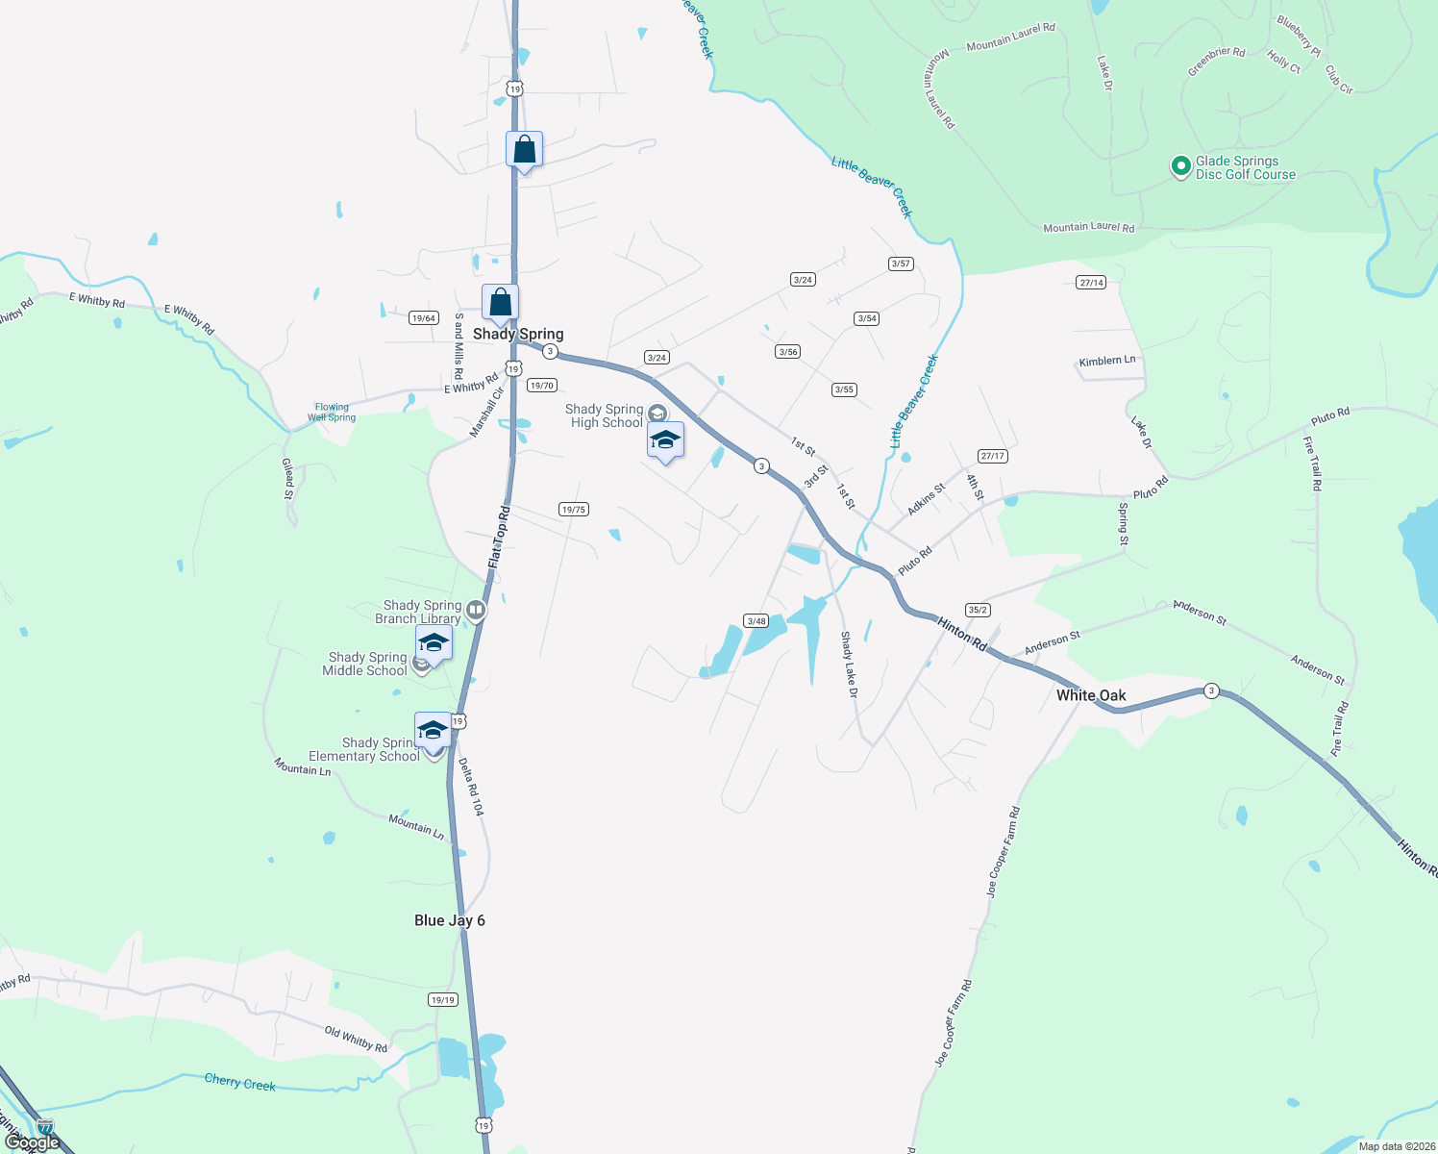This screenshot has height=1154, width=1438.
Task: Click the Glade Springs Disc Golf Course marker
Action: [1180, 166]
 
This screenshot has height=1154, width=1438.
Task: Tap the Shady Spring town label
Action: [518, 335]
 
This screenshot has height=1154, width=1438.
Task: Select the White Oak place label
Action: [1091, 695]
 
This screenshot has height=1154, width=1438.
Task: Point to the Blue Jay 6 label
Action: [450, 920]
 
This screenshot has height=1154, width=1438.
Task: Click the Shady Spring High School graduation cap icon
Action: [665, 440]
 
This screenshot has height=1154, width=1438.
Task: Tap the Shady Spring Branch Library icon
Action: [476, 610]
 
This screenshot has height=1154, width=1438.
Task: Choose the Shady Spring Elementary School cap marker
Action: [434, 732]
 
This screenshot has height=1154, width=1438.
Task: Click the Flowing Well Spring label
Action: [332, 413]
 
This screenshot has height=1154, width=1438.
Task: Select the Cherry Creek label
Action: [240, 1083]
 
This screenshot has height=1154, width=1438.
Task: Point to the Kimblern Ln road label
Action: [1107, 362]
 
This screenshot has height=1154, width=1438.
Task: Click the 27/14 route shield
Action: [1091, 283]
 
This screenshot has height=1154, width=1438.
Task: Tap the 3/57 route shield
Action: [901, 263]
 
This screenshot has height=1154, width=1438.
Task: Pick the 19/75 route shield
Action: [573, 510]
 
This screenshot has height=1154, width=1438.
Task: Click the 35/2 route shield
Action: [978, 610]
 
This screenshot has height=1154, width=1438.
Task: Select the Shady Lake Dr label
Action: [848, 665]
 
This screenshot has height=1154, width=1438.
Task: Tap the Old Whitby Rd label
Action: [356, 1040]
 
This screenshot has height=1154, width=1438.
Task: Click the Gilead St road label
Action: [287, 478]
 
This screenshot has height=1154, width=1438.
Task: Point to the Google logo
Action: [34, 1142]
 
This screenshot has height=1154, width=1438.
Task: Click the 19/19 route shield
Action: [443, 1000]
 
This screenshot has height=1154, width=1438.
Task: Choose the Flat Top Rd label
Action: [499, 537]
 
